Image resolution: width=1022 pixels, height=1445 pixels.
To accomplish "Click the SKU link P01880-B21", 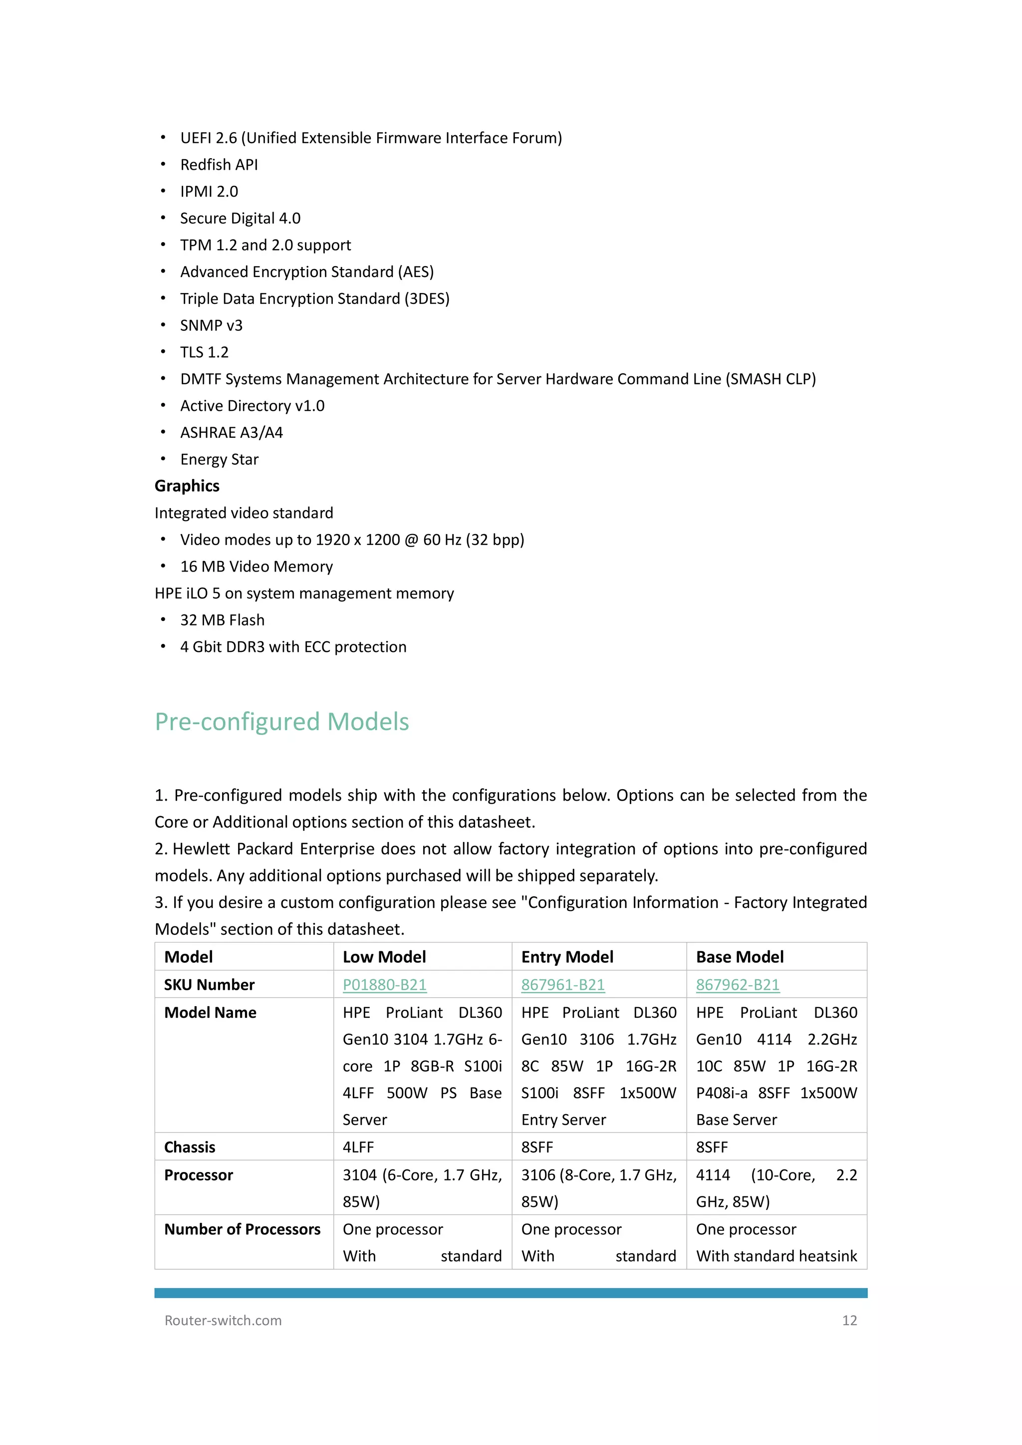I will tap(385, 984).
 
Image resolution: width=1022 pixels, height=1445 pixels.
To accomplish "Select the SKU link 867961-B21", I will tap(562, 984).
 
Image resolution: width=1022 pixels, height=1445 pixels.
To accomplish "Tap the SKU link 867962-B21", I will tap(738, 984).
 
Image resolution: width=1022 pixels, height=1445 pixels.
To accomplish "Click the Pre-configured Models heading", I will tap(282, 722).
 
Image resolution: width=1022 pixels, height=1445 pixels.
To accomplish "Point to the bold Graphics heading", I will tap(187, 486).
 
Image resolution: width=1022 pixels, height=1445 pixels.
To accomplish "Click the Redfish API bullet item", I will tap(219, 165).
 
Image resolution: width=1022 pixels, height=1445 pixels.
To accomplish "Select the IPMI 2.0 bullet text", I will tap(209, 191).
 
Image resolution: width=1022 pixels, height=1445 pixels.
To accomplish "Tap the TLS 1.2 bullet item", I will tap(205, 352).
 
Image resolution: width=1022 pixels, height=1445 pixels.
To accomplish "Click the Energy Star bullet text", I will tap(219, 459).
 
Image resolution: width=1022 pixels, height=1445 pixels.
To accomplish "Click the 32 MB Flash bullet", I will tap(222, 620).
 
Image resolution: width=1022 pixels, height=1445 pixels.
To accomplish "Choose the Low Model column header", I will tap(384, 957).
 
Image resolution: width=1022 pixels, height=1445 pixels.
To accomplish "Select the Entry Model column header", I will tap(567, 957).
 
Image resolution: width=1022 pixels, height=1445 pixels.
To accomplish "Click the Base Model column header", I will tap(740, 957).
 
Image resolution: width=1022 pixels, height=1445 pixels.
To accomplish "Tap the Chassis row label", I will tap(190, 1148).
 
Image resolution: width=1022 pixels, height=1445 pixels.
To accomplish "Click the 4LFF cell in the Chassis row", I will tap(358, 1148).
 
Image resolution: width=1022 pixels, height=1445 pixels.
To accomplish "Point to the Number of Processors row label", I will tap(243, 1229).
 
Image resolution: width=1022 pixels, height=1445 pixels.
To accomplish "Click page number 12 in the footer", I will tap(849, 1320).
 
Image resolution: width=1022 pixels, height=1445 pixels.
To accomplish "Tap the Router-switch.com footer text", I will tap(223, 1320).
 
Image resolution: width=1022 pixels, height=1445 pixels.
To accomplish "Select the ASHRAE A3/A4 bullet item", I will tap(232, 432).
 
